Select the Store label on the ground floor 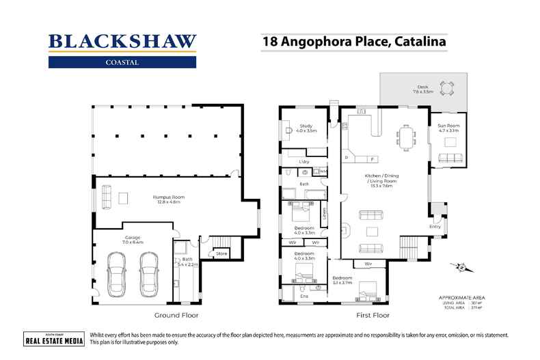[x=221, y=254]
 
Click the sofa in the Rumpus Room [x=106, y=199]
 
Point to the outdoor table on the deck [x=448, y=87]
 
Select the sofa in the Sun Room [x=450, y=159]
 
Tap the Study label [x=306, y=127]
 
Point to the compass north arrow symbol [x=462, y=268]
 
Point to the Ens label [x=304, y=296]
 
